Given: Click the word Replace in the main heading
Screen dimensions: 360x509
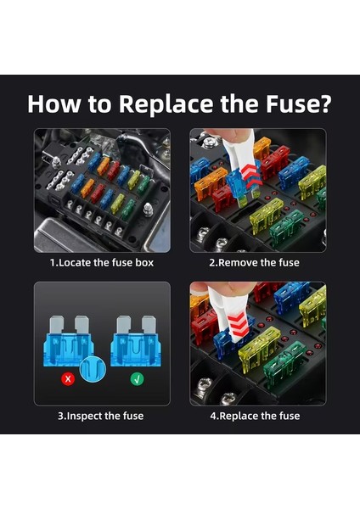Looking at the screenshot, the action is click(166, 104).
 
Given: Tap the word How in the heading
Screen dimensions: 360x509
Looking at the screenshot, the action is click(54, 103).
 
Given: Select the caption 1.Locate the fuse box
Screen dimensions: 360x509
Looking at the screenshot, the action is click(102, 262).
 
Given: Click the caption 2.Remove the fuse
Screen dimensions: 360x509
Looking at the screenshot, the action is click(254, 262).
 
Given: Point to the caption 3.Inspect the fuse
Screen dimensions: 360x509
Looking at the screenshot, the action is click(101, 416).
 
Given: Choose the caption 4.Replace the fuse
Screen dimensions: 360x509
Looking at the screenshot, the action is click(255, 416).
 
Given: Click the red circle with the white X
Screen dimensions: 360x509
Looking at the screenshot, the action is click(68, 379).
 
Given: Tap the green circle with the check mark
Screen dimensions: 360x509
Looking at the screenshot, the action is click(137, 379).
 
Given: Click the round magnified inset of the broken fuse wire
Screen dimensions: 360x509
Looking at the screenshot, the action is click(93, 369).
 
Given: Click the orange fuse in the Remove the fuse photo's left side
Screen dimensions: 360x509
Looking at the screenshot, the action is click(211, 182).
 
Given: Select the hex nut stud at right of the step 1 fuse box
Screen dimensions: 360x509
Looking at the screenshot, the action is click(148, 209).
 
